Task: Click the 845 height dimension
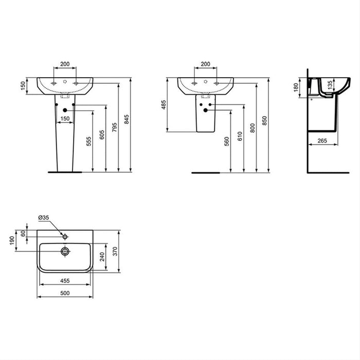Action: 127,121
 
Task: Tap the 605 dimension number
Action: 102,134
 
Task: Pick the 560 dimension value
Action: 227,142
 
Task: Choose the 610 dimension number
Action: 240,137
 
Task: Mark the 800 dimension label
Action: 253,128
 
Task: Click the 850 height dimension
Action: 265,120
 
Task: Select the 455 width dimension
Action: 64,281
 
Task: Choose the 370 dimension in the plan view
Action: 116,250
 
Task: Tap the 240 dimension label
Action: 102,256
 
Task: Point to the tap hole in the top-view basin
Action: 65,237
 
